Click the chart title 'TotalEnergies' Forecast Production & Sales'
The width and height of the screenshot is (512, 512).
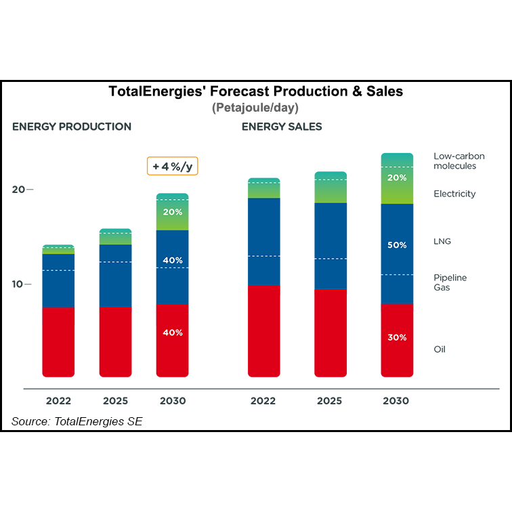[x=256, y=91]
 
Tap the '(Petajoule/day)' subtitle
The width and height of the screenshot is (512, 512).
[x=255, y=108]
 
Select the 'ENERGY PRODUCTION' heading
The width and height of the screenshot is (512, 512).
[x=72, y=127]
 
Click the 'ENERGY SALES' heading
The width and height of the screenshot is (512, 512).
[x=282, y=127]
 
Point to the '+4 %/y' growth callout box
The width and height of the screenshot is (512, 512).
[x=172, y=166]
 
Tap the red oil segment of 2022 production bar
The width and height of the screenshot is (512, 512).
[x=58, y=342]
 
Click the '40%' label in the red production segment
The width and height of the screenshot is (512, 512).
[x=172, y=333]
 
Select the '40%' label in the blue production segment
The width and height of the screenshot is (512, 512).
[x=172, y=260]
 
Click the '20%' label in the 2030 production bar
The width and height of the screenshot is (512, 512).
[x=172, y=211]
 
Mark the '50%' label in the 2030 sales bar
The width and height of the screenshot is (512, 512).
[x=397, y=245]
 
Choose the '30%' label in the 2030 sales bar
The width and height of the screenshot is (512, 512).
[x=397, y=337]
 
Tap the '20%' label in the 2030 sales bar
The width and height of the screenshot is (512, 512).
[x=397, y=178]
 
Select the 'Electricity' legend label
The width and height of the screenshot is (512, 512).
[x=454, y=194]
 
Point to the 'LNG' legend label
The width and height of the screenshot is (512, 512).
[x=442, y=241]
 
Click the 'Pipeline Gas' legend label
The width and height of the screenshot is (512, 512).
[x=450, y=282]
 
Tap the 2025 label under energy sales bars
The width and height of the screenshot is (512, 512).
[x=330, y=401]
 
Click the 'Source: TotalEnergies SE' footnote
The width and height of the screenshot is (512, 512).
[x=77, y=421]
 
